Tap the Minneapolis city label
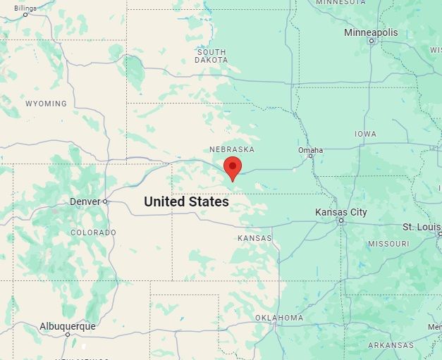[x=371, y=32]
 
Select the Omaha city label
[x=310, y=150]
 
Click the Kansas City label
[x=340, y=212]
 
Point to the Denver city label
[x=85, y=201]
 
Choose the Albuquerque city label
[x=67, y=326]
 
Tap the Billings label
[x=25, y=8]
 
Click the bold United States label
[x=186, y=201]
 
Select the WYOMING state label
[x=46, y=104]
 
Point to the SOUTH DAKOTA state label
[x=211, y=56]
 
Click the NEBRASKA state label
[x=232, y=149]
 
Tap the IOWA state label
[x=365, y=134]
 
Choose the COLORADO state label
[x=93, y=232]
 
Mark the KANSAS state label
[x=254, y=238]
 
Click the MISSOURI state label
[x=388, y=244]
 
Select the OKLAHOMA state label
[x=279, y=318]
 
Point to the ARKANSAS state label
[x=391, y=345]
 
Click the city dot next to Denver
[x=105, y=201]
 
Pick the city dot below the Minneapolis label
[x=371, y=41]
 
